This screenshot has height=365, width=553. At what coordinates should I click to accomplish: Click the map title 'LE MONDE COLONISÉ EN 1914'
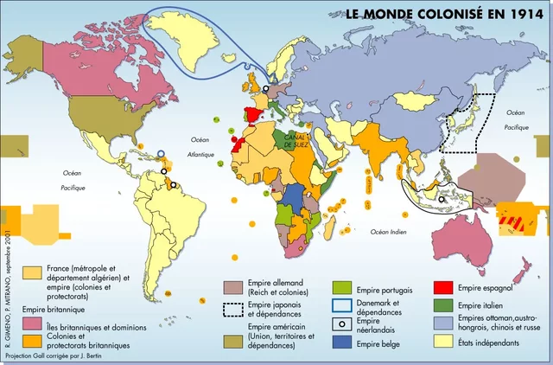pos(438,14)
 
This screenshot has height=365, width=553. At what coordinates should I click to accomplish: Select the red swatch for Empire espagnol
pos(443,288)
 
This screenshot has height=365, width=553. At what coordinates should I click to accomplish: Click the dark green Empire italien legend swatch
pos(443,305)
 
